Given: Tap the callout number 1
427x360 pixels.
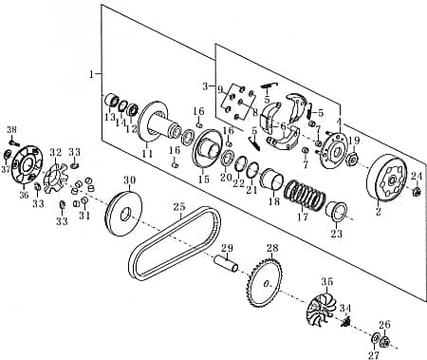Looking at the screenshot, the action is pos(91,73).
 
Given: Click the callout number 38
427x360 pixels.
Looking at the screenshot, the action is pos(11,129).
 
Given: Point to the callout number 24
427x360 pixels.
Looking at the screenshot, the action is pos(416,176).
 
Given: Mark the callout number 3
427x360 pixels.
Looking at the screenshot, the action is pos(205,85).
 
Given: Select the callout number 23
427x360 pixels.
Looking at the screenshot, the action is pos(336,234).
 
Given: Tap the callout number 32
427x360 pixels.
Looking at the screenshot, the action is pos(55,152).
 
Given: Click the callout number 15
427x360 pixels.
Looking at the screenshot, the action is pos(203,179).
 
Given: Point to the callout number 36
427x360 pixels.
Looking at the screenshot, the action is pos(25,196).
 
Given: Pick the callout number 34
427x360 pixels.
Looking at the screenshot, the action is pos(345,308).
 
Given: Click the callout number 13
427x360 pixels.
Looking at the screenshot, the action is pos(110,117).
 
